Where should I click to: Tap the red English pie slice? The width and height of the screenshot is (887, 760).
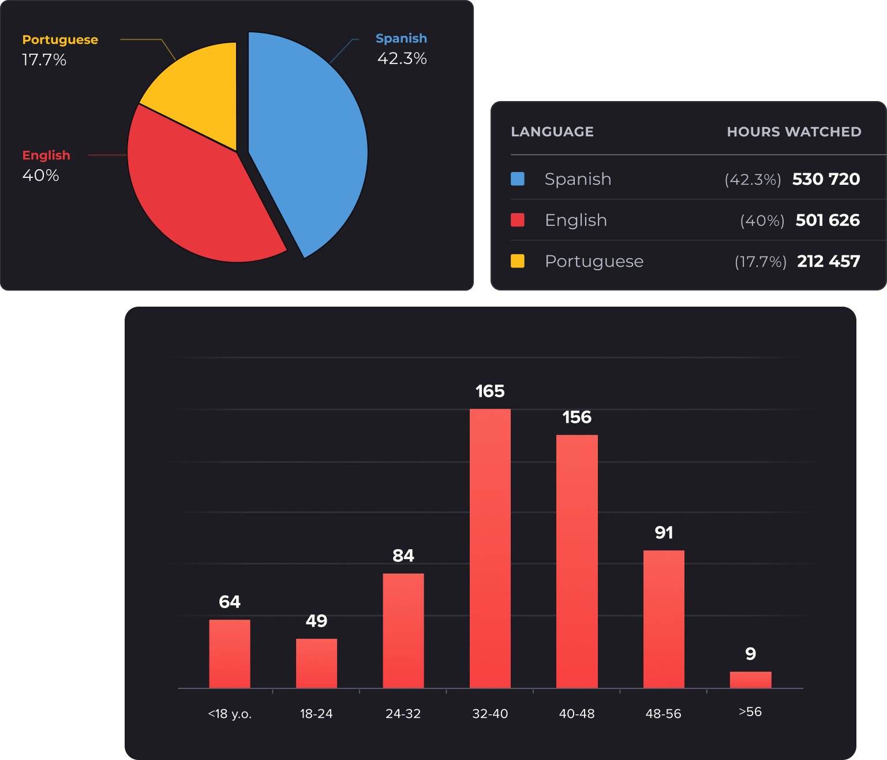click(196, 202)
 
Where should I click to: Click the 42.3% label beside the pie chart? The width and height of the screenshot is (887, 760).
click(402, 58)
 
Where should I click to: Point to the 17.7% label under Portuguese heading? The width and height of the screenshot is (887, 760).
click(44, 59)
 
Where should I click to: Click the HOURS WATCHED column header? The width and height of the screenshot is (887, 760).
click(794, 132)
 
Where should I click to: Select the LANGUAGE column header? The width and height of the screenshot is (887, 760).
click(552, 132)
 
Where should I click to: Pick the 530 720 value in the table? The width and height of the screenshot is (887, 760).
click(826, 179)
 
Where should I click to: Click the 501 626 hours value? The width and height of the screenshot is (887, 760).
click(828, 220)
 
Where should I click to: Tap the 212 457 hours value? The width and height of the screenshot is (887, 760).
click(828, 261)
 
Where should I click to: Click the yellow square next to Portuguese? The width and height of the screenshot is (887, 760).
click(518, 261)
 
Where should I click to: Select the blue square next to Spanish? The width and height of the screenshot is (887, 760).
click(518, 179)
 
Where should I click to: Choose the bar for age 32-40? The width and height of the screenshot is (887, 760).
click(490, 549)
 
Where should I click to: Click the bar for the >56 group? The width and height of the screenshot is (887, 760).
click(750, 680)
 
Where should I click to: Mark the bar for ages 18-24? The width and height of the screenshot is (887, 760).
click(316, 663)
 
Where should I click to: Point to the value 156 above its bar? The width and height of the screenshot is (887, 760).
click(577, 417)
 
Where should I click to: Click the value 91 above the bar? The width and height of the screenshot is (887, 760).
click(664, 532)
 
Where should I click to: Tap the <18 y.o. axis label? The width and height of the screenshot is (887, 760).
click(230, 714)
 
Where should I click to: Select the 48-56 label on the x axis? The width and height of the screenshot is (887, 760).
click(663, 714)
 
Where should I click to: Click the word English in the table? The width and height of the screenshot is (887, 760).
click(575, 220)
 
